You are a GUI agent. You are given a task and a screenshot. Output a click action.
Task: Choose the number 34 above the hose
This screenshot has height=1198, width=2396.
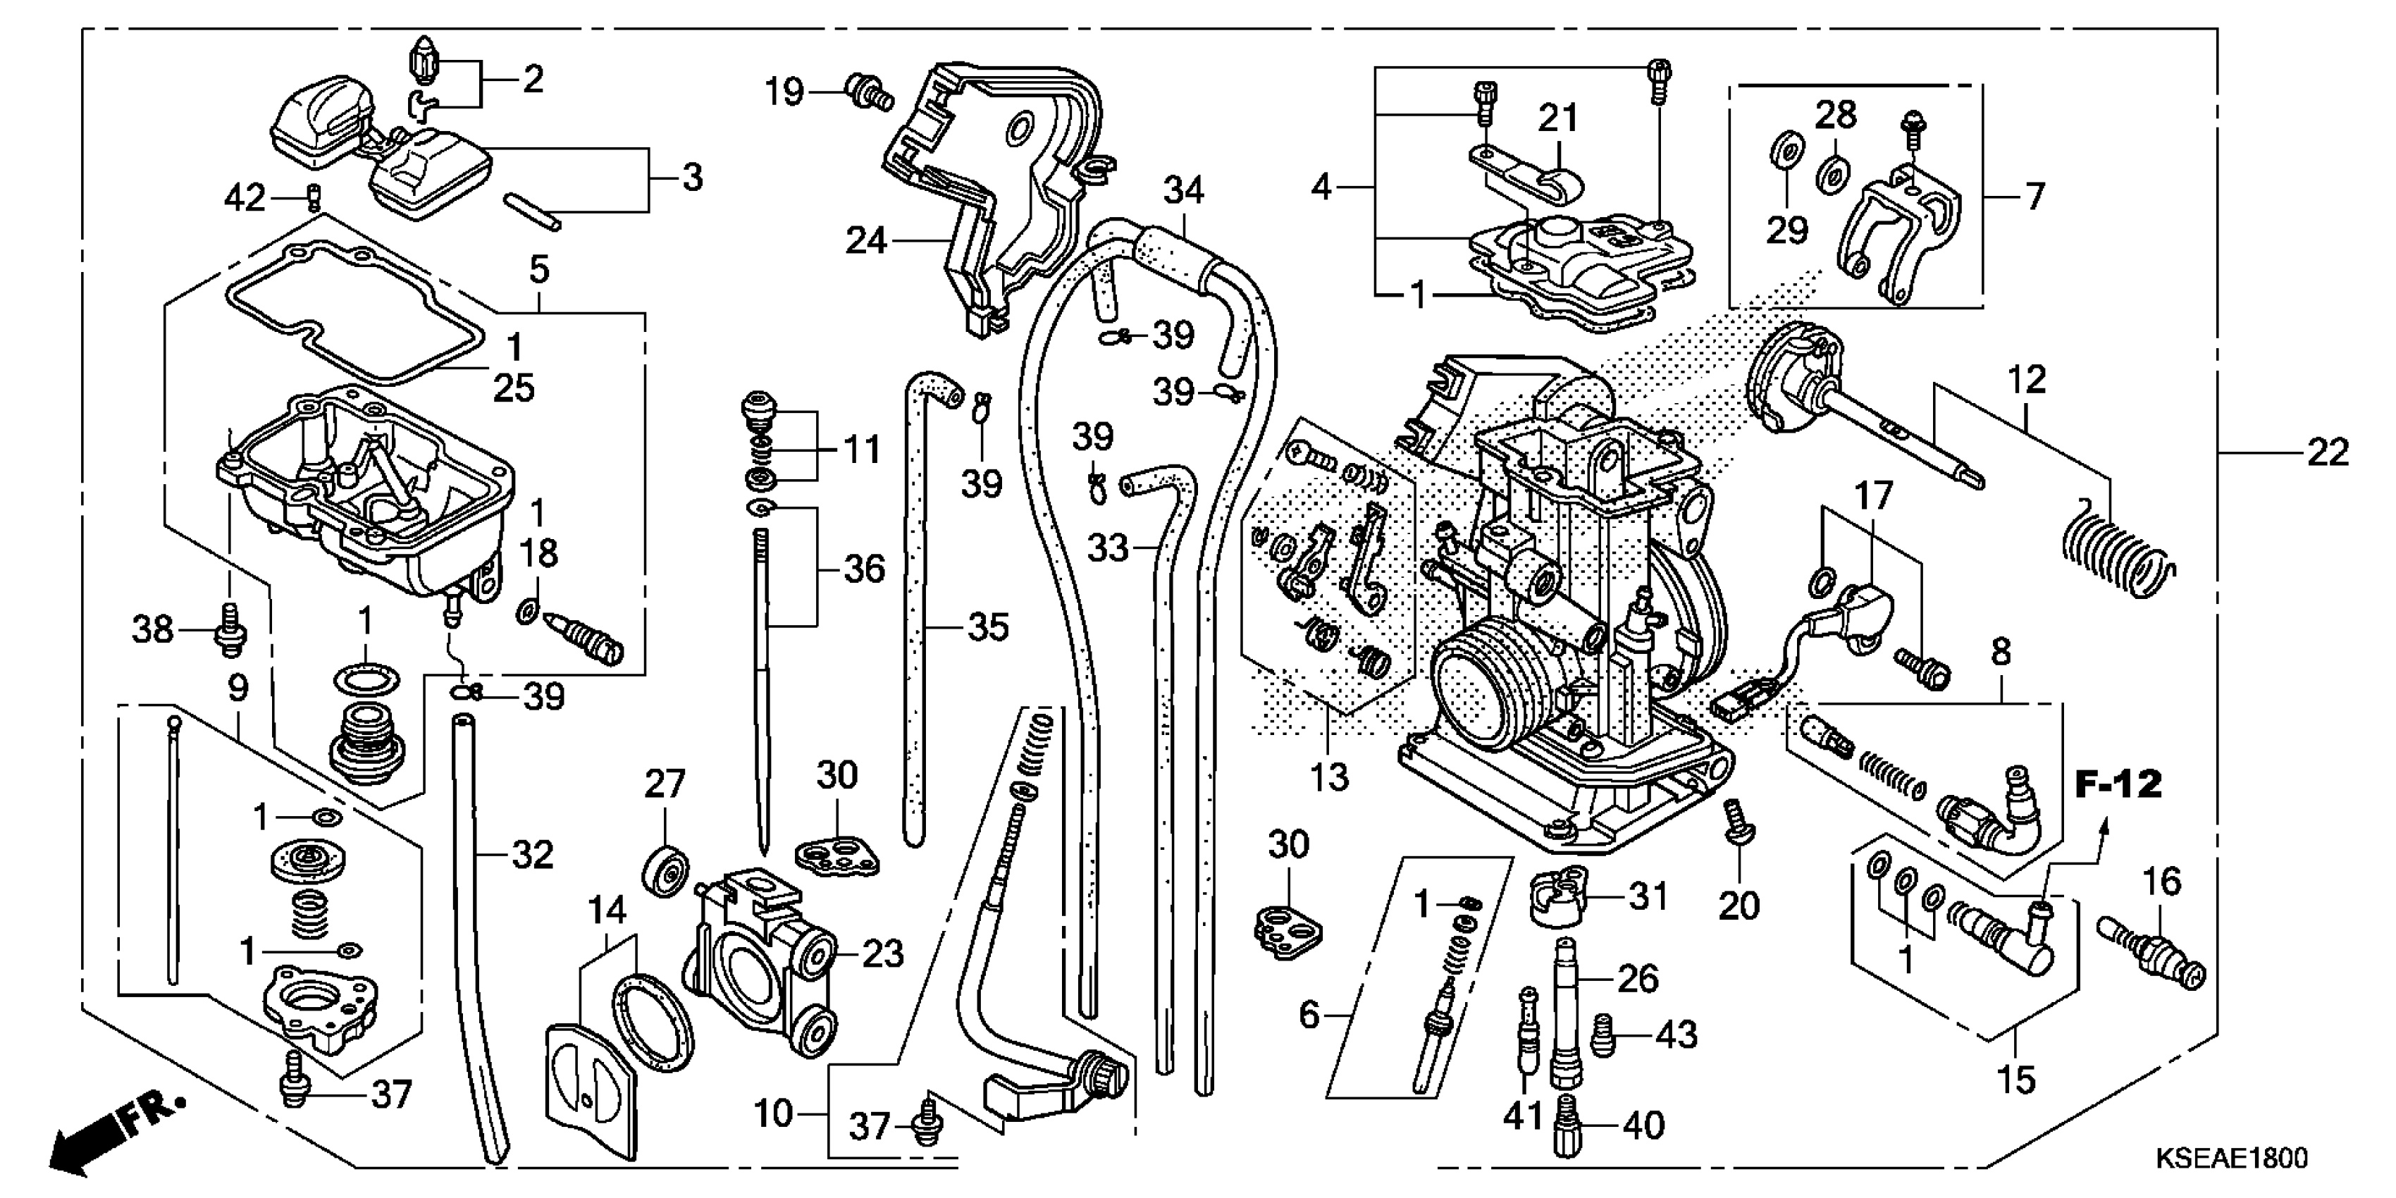tap(1183, 191)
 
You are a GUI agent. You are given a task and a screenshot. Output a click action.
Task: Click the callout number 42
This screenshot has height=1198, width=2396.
tap(245, 197)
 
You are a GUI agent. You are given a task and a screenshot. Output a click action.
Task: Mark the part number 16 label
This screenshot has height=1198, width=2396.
tap(2161, 881)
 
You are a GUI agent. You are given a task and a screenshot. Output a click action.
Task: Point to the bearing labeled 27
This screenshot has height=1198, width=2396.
tap(666, 872)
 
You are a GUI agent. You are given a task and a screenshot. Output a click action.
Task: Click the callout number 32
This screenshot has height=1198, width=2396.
tap(532, 854)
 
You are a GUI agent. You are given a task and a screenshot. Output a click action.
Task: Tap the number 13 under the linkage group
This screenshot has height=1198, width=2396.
tap(1328, 777)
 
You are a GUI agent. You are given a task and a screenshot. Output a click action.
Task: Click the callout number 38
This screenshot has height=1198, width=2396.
tap(152, 630)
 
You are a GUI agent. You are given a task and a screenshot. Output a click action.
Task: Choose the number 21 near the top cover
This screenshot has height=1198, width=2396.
tap(1558, 118)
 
